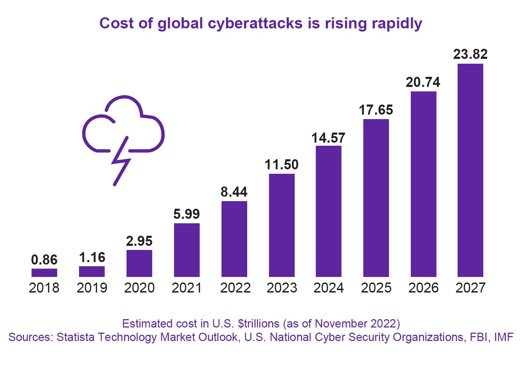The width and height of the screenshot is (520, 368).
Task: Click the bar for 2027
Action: pos(470,170)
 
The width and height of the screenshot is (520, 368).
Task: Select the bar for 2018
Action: pos(44,273)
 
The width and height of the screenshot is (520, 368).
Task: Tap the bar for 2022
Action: pos(234,239)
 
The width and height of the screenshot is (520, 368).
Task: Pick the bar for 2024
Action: pos(329,211)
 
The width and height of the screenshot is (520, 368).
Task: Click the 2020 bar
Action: pos(139,263)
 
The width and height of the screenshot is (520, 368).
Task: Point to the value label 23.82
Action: pos(470,54)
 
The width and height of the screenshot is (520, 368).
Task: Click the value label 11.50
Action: pos(281,165)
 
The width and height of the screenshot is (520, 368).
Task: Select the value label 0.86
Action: pos(44,260)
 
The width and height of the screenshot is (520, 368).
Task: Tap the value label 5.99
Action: pos(187,214)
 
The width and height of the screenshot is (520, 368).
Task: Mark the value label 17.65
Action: pos(376,110)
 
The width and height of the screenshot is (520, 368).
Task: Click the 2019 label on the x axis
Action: pos(92,288)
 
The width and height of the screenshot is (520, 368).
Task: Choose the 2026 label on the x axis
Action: pos(423,288)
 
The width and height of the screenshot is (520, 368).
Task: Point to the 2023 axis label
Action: pos(281,288)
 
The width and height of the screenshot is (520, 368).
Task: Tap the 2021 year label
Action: pos(187,288)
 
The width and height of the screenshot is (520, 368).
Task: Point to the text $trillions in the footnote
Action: pos(259,324)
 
